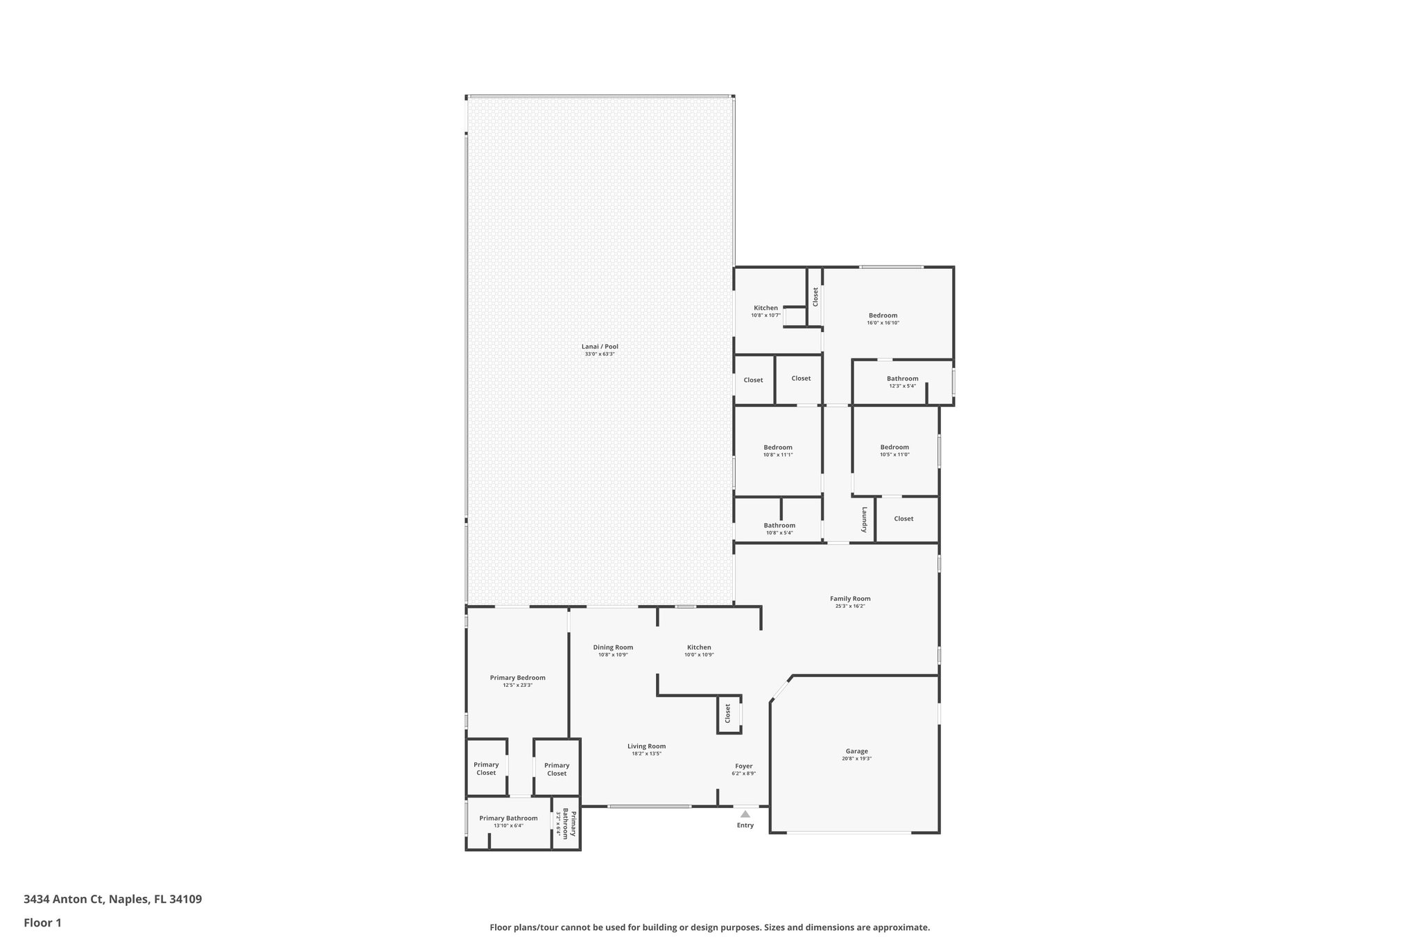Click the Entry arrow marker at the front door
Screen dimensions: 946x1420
745,814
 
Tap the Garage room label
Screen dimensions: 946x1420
856,751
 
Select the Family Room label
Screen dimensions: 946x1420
850,599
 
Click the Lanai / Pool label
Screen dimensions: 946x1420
600,347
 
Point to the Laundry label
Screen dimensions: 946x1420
865,519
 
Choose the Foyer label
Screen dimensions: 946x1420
744,766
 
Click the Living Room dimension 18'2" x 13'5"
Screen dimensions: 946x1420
647,753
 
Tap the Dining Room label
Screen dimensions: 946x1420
613,647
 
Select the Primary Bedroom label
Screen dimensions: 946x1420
517,678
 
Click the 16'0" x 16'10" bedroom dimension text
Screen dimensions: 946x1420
883,323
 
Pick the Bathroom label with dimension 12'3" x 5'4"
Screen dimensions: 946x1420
902,378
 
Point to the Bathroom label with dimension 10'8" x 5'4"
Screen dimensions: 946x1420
779,525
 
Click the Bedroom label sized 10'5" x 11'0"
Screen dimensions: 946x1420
894,447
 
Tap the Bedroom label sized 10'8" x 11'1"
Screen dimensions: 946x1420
778,447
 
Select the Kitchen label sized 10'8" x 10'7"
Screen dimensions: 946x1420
765,308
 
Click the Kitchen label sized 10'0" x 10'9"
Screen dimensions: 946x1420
699,647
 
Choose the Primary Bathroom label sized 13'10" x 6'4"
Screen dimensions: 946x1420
508,818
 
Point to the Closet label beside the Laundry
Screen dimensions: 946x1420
903,518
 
